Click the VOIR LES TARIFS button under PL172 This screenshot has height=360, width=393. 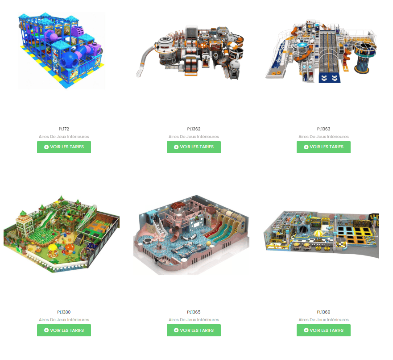64,147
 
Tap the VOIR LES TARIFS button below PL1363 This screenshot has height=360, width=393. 323,147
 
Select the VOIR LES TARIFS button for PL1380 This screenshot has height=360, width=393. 64,330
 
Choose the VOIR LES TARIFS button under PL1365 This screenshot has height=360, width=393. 194,330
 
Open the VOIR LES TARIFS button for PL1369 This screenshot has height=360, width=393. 323,330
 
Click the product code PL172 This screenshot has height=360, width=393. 64,129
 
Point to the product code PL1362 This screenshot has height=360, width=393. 194,129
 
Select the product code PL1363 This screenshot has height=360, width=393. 323,129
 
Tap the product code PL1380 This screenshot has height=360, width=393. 64,312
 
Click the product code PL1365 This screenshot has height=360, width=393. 194,312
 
